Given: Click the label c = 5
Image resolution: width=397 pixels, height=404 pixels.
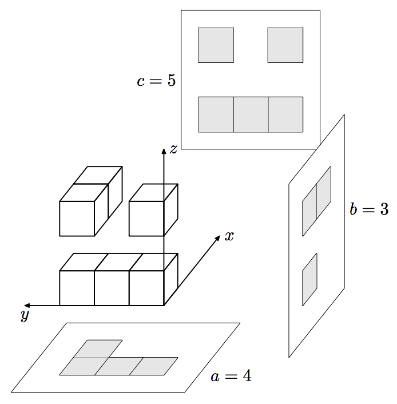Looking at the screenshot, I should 156,81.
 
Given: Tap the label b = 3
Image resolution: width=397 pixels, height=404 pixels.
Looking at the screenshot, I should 369,209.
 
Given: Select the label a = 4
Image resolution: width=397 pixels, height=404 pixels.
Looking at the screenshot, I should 231,377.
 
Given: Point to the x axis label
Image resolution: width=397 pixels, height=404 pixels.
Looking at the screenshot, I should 229,236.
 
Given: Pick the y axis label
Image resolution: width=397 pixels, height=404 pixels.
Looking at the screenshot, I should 25,315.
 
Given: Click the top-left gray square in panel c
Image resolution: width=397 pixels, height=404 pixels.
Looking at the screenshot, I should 216,45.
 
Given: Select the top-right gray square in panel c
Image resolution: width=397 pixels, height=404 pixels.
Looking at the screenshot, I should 285,45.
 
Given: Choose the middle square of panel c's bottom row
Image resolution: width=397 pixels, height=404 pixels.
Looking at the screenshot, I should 251,114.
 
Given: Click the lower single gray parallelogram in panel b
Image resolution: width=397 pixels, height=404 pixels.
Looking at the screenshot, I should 309,279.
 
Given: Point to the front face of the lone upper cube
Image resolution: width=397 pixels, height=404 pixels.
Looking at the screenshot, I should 146,218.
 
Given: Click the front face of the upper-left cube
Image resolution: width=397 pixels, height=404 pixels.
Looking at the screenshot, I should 77,218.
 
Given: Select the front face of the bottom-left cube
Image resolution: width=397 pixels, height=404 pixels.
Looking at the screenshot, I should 77,288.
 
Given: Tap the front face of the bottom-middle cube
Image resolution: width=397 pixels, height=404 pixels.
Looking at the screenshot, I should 112,288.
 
